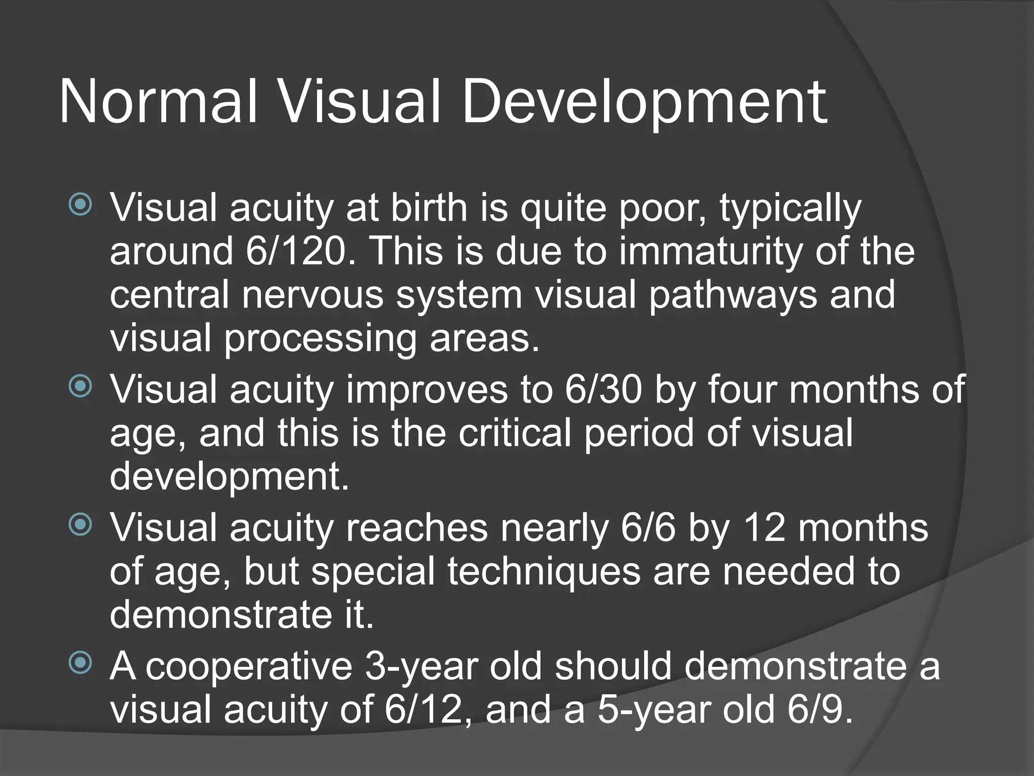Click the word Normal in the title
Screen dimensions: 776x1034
[158, 103]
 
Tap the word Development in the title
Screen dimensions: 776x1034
[644, 103]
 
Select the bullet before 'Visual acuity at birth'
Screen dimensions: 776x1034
[80, 205]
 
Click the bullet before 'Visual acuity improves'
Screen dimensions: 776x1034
[80, 386]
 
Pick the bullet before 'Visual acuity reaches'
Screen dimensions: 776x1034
[80, 525]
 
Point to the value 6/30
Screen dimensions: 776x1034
[603, 390]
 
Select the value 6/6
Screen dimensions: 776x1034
[648, 528]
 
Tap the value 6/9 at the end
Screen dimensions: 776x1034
[819, 710]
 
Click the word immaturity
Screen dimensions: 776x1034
[710, 251]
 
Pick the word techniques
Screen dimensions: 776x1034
[544, 571]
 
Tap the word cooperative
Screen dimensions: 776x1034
[249, 666]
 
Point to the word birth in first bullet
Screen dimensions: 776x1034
[429, 208]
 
